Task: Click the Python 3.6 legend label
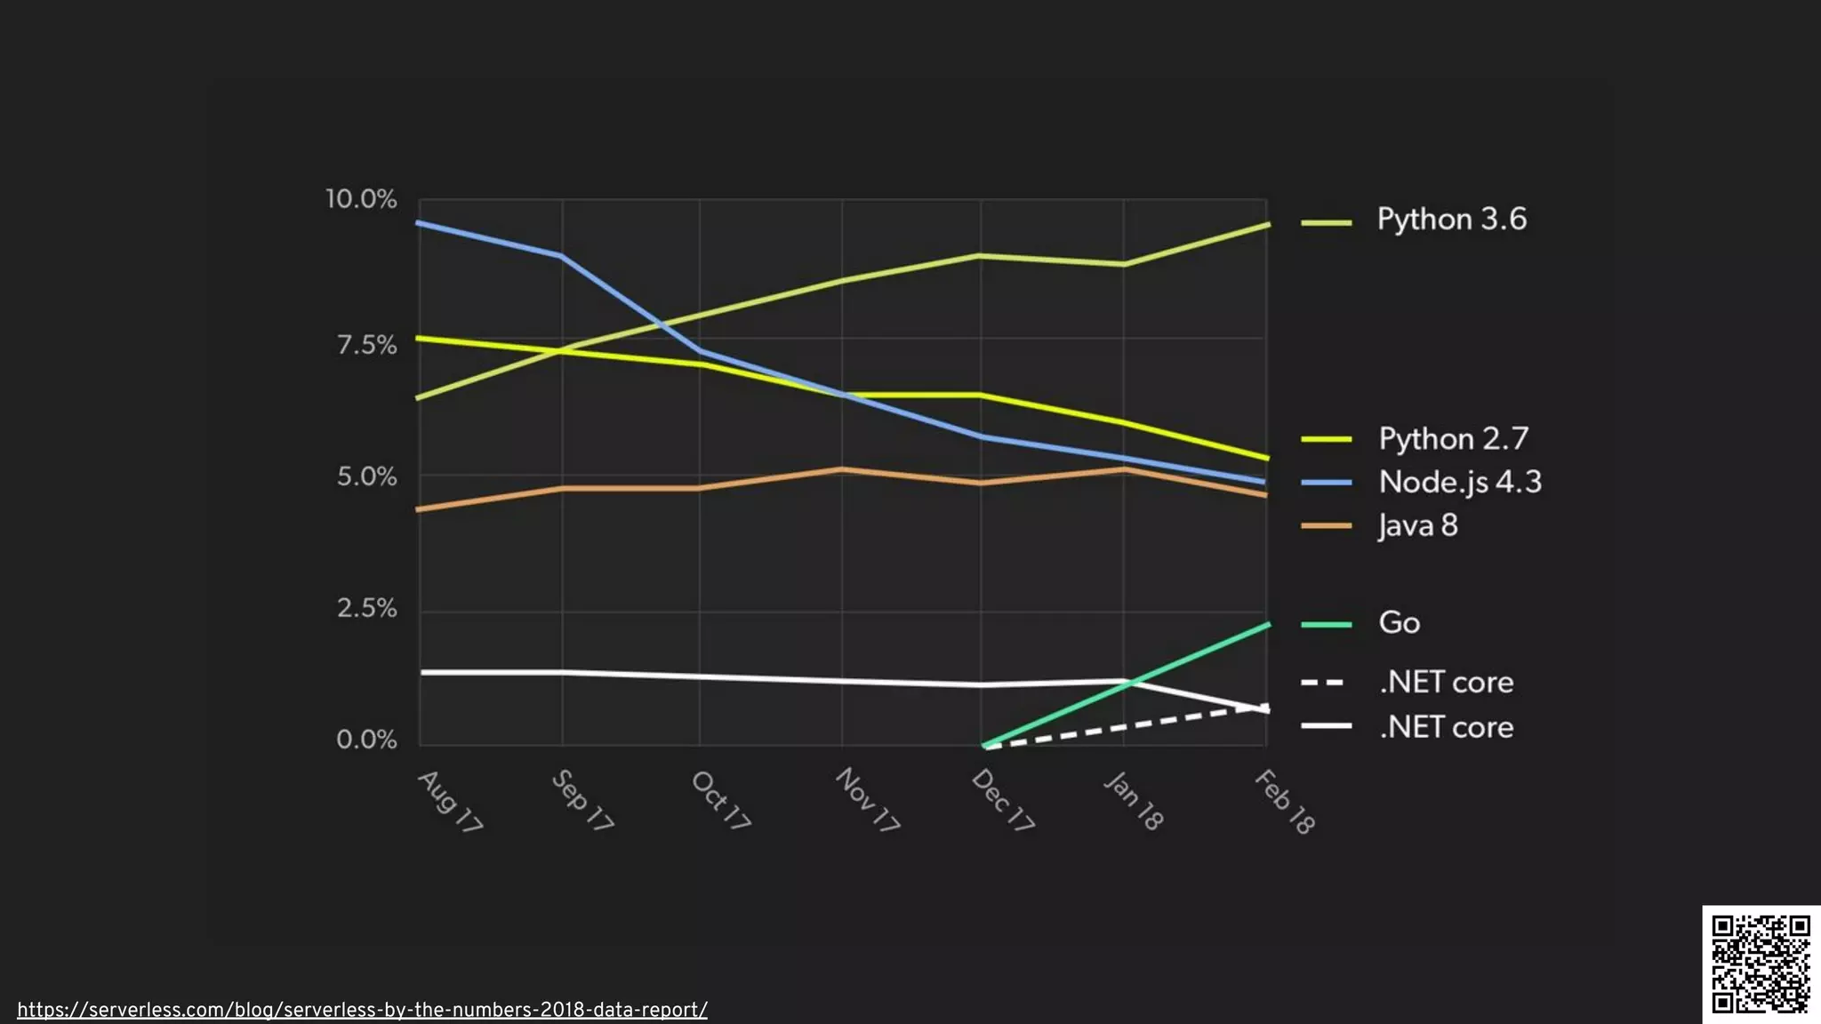point(1451,220)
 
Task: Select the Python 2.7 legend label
point(1453,439)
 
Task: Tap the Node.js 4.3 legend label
point(1459,482)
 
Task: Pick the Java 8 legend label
point(1417,525)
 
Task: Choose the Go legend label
point(1399,622)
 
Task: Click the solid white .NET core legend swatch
point(1325,726)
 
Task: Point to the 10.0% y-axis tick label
point(361,199)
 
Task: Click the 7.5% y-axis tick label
point(366,345)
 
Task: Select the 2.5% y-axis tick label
point(366,608)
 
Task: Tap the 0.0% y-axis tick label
point(366,740)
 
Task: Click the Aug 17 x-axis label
point(450,801)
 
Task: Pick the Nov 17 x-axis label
point(867,799)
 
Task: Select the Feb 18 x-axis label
point(1285,802)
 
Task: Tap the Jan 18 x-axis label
point(1134,801)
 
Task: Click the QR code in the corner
point(1761,964)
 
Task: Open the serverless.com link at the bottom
point(362,1010)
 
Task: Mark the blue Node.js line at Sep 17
point(561,256)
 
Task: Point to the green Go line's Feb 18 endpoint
point(1267,625)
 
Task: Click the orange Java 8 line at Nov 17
point(842,469)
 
